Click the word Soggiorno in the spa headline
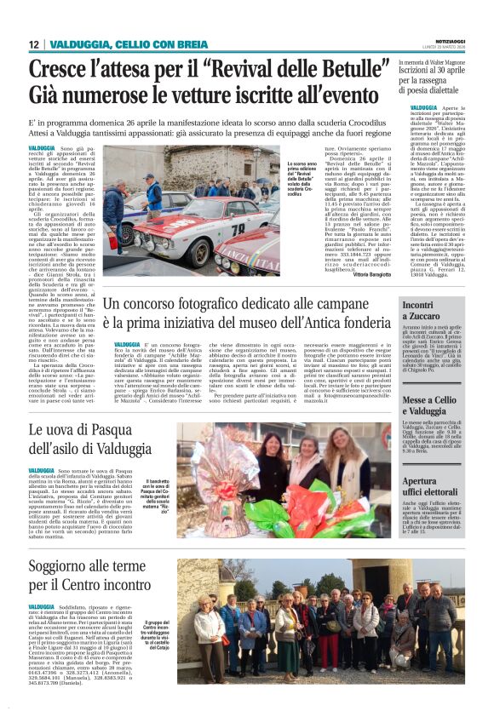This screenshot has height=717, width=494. (x=65, y=569)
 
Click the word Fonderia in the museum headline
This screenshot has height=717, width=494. (x=358, y=324)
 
